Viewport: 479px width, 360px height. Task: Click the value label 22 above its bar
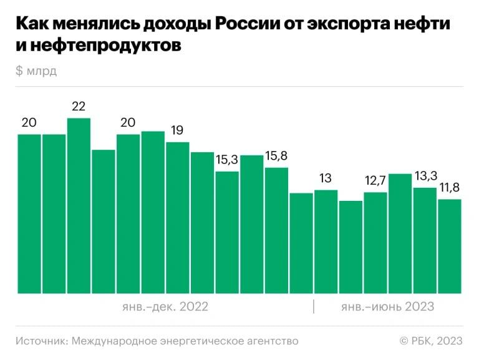coord(79,107)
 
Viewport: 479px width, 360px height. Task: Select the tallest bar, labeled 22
coord(79,206)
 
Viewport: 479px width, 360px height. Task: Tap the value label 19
coord(177,131)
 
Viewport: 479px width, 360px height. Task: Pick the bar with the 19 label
coord(177,218)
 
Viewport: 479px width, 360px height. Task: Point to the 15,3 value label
coord(227,160)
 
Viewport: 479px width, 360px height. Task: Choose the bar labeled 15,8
coord(276,230)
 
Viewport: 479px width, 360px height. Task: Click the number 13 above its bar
coord(326,178)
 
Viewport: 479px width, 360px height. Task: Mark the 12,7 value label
coord(375,181)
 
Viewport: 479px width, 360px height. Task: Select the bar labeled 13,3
coord(425,240)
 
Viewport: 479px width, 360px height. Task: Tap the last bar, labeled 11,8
coord(449,246)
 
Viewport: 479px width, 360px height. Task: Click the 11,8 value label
coord(449,188)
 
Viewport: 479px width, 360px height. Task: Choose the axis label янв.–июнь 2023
coord(387,307)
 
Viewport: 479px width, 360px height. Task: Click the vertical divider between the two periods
coord(314,307)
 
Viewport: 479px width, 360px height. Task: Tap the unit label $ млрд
coord(36,71)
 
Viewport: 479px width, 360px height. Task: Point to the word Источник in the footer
coord(42,341)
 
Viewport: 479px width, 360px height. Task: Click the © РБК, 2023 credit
coord(431,341)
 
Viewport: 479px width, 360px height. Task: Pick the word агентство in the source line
coord(273,341)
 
